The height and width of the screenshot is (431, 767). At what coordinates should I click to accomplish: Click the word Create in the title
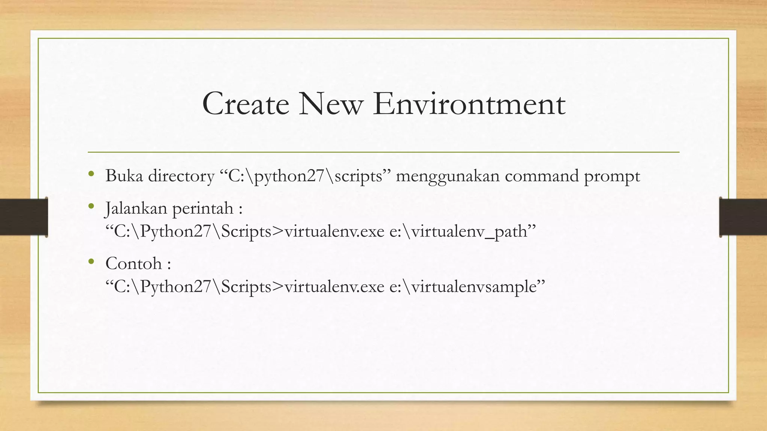(x=245, y=104)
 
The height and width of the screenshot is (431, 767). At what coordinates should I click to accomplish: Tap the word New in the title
(x=331, y=104)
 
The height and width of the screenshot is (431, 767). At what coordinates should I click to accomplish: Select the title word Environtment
(x=469, y=104)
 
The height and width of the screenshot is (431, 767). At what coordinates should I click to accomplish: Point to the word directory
(x=181, y=176)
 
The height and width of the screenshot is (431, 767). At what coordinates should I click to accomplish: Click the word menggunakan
(x=448, y=176)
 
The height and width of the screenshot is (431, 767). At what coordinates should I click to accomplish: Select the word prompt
(x=612, y=176)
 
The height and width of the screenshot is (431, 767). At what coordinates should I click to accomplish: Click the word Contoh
(x=134, y=263)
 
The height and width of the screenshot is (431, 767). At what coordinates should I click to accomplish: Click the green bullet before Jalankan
(x=91, y=206)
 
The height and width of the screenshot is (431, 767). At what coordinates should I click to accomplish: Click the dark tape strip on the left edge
(x=24, y=217)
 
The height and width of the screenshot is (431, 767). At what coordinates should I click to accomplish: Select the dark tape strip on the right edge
(x=743, y=217)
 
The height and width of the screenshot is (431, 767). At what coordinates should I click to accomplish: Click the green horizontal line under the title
(x=383, y=152)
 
